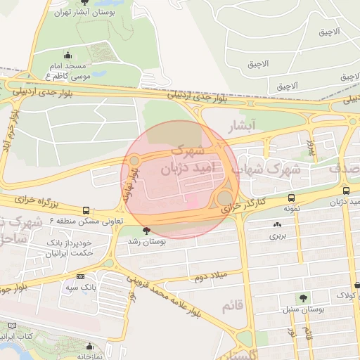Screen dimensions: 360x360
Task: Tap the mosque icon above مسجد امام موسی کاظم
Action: coord(67,55)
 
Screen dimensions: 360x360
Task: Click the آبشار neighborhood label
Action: coord(244,125)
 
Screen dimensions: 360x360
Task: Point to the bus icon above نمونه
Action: coord(291,198)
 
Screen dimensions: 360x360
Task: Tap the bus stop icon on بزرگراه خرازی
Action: coord(86,210)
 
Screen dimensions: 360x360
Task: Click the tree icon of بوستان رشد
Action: coord(147,230)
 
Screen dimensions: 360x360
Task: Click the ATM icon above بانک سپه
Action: coord(81,277)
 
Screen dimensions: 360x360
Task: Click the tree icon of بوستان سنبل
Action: coord(303,297)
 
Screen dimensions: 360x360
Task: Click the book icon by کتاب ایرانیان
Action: coord(13,326)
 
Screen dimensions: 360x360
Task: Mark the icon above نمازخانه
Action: coord(89,346)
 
